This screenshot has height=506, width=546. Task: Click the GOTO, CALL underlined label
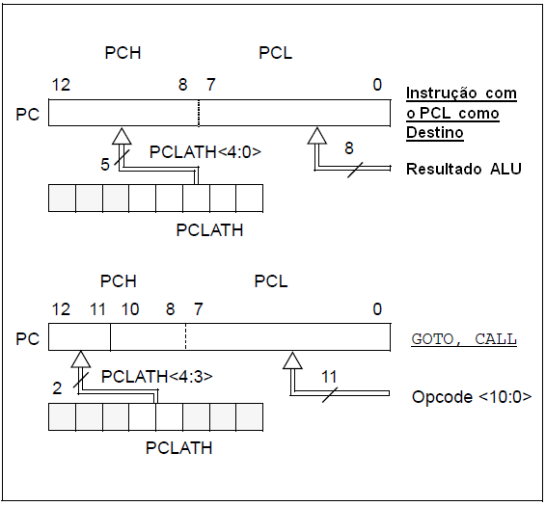point(464,339)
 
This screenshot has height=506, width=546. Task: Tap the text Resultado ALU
point(464,169)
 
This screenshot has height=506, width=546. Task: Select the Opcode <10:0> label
point(472,397)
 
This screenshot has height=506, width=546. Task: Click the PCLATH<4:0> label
point(205,152)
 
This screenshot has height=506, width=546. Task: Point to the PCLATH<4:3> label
point(156,377)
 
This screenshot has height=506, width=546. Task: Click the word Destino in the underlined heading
point(434,133)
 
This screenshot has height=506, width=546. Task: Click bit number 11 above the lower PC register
point(97,309)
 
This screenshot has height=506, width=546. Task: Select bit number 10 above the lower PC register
point(130,309)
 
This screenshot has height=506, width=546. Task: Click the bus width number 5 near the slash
point(105,164)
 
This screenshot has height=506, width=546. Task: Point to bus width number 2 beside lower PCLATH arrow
point(57,388)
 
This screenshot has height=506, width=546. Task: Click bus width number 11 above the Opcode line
point(329,377)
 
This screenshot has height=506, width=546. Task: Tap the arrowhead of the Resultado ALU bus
point(316,136)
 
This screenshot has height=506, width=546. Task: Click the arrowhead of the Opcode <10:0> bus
point(292,360)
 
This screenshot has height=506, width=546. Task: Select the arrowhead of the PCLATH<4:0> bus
point(122,136)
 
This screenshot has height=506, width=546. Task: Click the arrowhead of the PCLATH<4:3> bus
point(81,360)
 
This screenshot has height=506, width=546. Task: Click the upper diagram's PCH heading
point(123,53)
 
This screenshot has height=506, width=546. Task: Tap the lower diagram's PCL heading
point(271,281)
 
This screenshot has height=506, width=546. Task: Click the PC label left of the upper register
point(28,114)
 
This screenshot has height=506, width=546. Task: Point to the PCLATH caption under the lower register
point(178,448)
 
